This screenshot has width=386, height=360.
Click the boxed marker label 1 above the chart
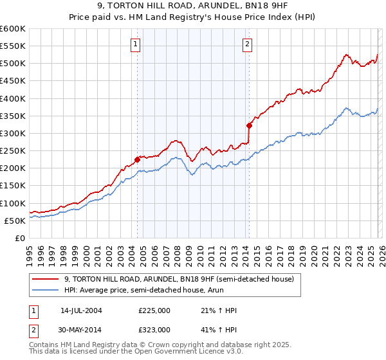click(136, 44)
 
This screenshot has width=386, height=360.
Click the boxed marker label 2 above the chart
click(248, 44)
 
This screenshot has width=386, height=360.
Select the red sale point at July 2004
click(137, 159)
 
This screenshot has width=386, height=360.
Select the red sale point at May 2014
click(249, 125)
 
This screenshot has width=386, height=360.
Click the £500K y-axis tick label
click(13, 64)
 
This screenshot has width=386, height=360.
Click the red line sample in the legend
click(46, 279)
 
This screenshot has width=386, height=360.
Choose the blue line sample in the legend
click(46, 290)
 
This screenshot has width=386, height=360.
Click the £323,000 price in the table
click(154, 329)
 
